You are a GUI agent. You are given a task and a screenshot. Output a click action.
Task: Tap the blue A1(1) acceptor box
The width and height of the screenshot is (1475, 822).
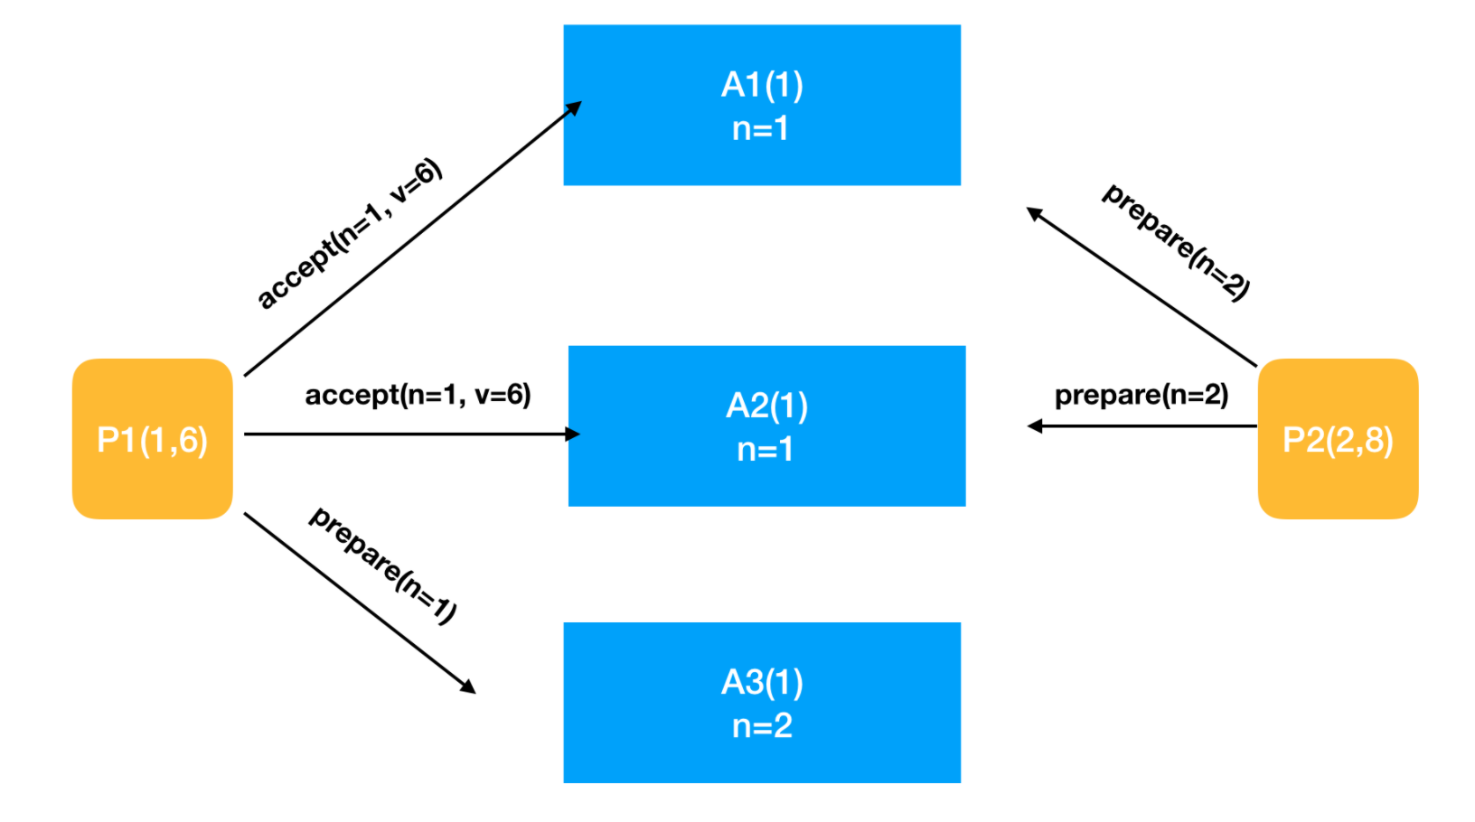pos(762,106)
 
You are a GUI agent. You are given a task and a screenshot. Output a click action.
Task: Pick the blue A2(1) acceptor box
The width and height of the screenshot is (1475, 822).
pos(767,425)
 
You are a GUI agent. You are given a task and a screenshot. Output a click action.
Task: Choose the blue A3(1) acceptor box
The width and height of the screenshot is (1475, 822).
pos(762,702)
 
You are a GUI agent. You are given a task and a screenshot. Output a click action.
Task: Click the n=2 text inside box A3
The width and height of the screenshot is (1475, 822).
pos(762,726)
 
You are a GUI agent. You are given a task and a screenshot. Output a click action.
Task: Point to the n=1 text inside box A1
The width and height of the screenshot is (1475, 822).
pos(761,128)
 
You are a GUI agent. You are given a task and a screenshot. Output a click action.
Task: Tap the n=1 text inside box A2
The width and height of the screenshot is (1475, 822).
pos(766,450)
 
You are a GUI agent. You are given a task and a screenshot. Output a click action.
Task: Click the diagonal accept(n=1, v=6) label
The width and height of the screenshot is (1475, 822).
pos(349,234)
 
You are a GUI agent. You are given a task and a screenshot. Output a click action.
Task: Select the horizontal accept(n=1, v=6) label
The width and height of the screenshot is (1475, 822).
pos(418,395)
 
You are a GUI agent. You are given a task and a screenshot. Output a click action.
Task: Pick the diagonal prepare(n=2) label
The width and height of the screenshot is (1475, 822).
pos(1176,242)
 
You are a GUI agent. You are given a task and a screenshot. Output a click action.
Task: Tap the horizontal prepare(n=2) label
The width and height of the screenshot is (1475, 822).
pos(1141,395)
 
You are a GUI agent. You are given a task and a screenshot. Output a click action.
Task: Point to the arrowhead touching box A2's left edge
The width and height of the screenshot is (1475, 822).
pos(572,434)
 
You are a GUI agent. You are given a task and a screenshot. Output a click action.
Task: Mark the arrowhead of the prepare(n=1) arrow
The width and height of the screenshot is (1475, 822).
pos(467,687)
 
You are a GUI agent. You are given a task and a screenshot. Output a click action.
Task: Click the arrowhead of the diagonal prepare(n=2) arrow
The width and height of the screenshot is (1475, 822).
pos(1035,213)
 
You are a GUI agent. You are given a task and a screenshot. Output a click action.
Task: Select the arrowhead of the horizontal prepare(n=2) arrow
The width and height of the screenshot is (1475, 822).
pos(1035,426)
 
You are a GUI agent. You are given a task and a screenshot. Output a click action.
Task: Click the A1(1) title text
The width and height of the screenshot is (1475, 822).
pos(762,85)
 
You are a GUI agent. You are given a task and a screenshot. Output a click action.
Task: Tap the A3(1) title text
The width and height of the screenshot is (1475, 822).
pos(762,682)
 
